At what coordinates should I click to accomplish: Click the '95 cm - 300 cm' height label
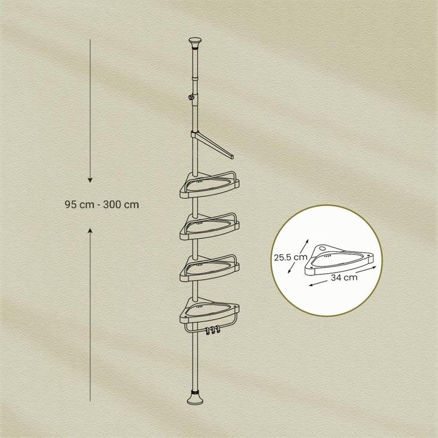pyautogui.click(x=101, y=205)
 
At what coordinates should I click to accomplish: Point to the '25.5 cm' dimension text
pyautogui.click(x=289, y=257)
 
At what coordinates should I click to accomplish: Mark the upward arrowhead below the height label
pyautogui.click(x=90, y=231)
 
